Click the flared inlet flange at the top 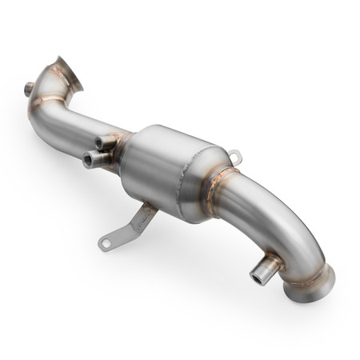pos(70,70)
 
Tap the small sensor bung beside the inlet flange pos(30,90)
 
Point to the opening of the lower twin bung pos(86,160)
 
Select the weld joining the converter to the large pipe pos(214,192)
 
